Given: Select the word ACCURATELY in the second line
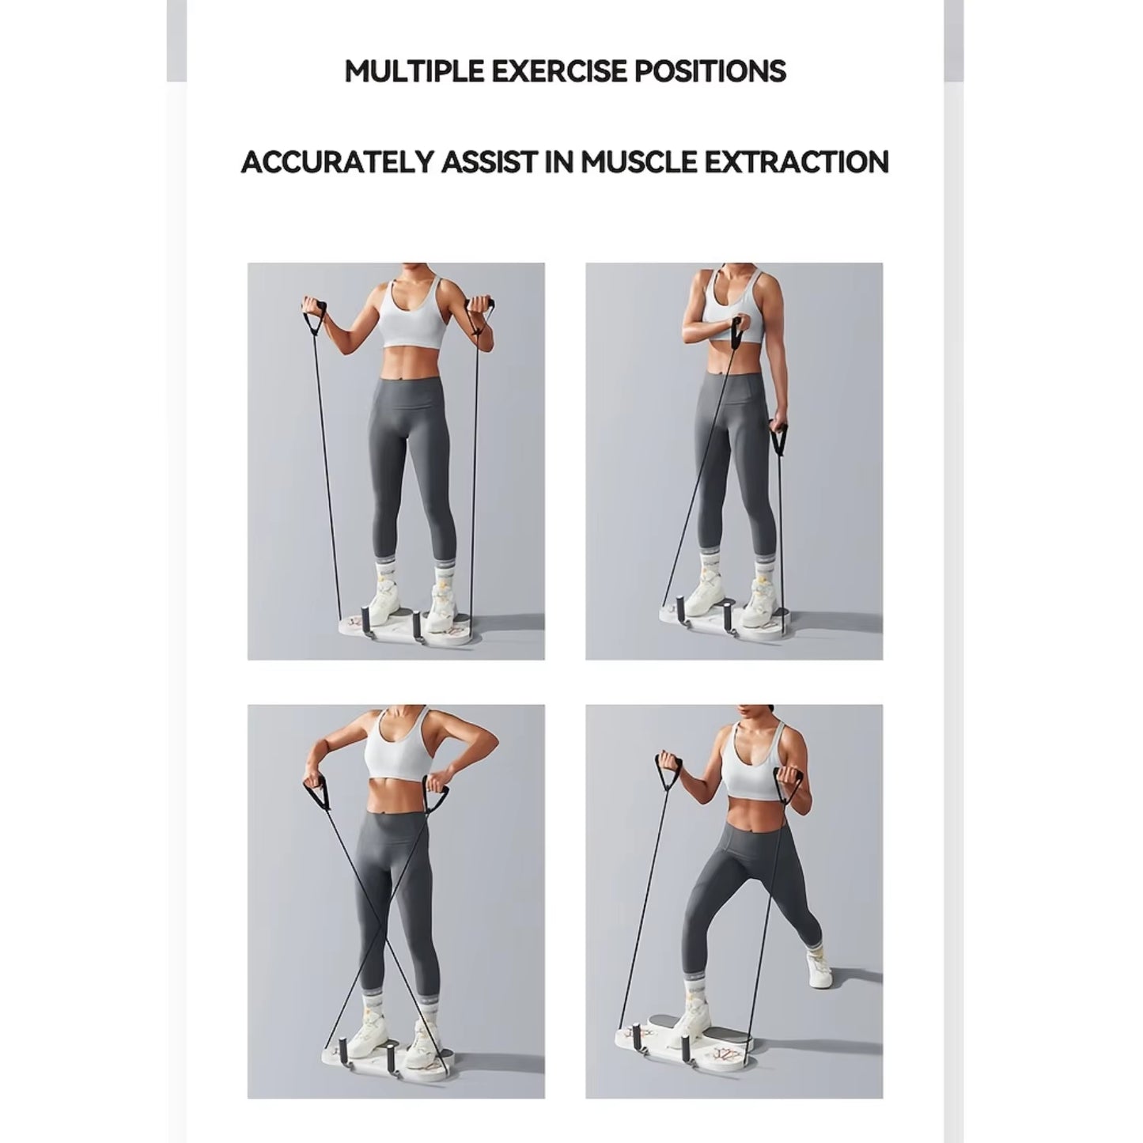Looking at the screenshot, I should pos(339,162).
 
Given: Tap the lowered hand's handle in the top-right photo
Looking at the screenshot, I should pos(779,438).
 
